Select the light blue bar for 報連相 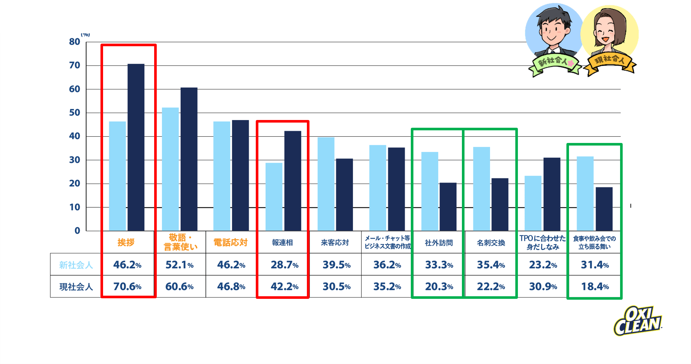coord(274,197)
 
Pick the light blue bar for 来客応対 coord(326,184)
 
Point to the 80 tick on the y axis coord(75,42)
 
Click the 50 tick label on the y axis coord(75,113)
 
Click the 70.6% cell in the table coord(127,286)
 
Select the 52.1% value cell coord(179,265)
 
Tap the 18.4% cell coord(595,286)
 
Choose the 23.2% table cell coord(543,265)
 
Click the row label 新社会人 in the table coord(76,265)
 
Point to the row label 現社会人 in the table coord(76,286)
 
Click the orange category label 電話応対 coord(231,243)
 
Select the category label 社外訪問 coord(439,243)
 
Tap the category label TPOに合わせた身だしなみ coord(543,243)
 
